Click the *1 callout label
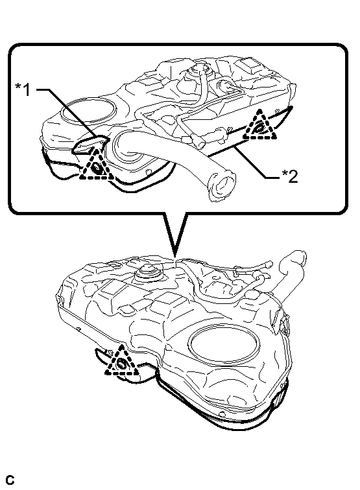point(23,89)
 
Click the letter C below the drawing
point(10,480)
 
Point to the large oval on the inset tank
point(88,110)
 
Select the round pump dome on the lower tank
point(149,272)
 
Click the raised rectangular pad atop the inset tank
point(248,65)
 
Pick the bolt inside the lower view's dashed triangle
point(122,364)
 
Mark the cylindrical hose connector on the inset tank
point(199,141)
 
